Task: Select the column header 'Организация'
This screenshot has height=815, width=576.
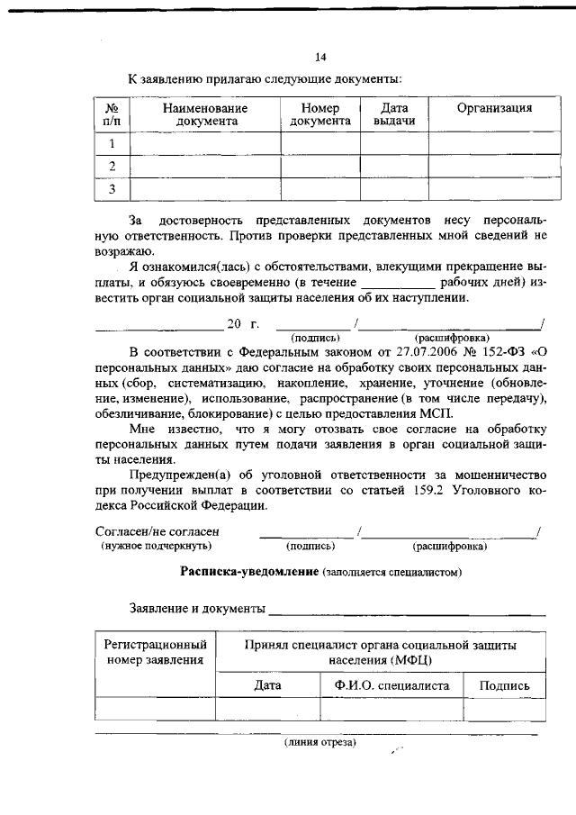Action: pyautogui.click(x=494, y=108)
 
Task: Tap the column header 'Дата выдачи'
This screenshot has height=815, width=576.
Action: pyautogui.click(x=394, y=114)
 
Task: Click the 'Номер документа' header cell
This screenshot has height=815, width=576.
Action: pyautogui.click(x=320, y=114)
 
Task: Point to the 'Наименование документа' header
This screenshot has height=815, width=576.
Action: pyautogui.click(x=206, y=114)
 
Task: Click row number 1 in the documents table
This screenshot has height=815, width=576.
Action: pyautogui.click(x=112, y=143)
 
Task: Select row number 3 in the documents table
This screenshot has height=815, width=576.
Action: pyautogui.click(x=112, y=189)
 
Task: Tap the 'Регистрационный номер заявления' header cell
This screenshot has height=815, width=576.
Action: pyautogui.click(x=157, y=653)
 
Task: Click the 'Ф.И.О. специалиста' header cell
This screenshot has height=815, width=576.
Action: pyautogui.click(x=391, y=685)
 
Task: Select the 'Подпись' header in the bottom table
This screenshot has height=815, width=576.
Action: pyautogui.click(x=504, y=685)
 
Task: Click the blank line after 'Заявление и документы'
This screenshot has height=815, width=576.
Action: pyautogui.click(x=405, y=611)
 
